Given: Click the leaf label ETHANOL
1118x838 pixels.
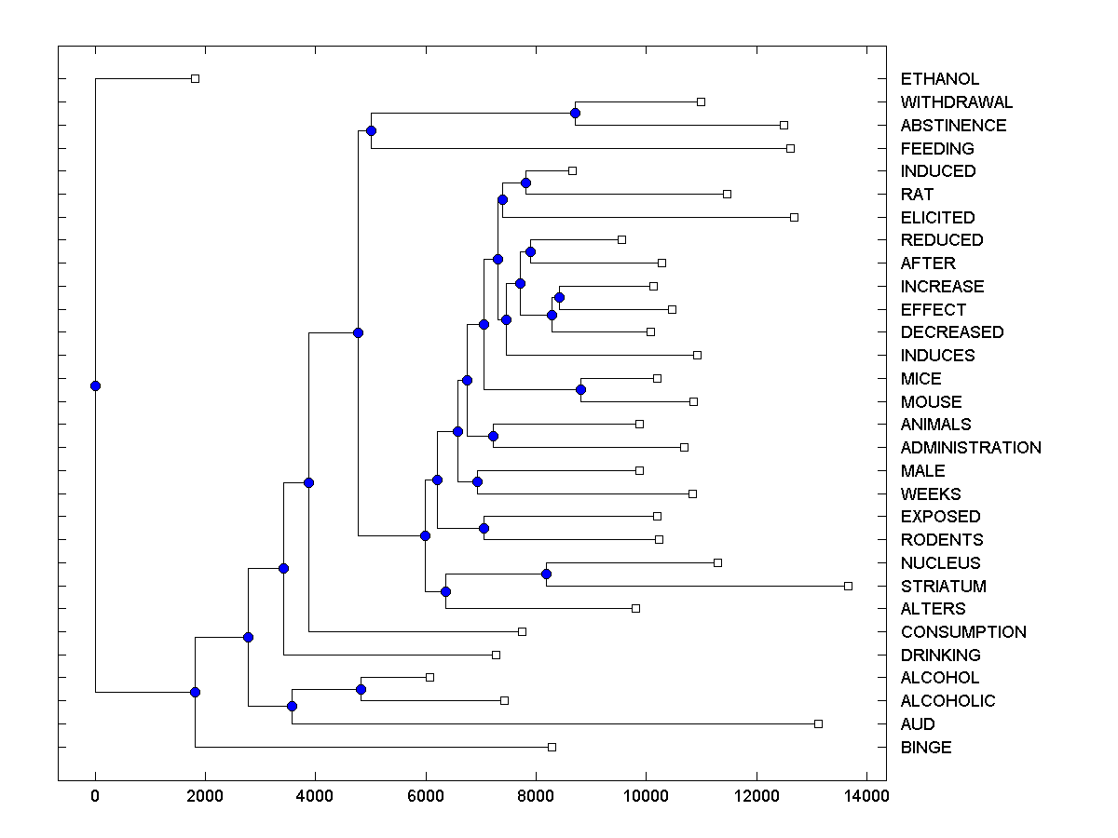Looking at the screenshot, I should point(939,79).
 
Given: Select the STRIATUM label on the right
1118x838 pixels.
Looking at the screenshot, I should point(943,586).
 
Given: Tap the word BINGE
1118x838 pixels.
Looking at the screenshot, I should point(926,747).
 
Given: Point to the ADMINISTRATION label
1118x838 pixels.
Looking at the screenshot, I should point(971,448).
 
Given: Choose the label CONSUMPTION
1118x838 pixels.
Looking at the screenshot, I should point(963,632).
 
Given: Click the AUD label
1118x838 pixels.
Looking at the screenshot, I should point(918,724).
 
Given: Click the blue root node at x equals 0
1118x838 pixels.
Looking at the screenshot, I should point(95,385).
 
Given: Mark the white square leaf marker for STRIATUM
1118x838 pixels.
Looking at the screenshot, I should point(848,586).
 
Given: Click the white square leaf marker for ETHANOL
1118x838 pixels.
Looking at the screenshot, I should point(195,78).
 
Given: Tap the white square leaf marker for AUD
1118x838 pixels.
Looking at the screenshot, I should point(818,723).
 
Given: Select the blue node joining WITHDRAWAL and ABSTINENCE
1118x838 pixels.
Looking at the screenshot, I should point(575,113).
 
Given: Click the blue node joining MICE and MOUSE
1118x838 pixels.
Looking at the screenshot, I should point(580,389).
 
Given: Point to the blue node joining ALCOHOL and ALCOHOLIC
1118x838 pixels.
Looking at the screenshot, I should point(361,689).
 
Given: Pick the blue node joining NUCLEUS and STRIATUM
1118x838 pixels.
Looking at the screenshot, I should point(547,574).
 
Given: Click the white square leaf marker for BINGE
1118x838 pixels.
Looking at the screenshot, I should point(552,747).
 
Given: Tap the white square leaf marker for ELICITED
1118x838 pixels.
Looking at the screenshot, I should point(794,217).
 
